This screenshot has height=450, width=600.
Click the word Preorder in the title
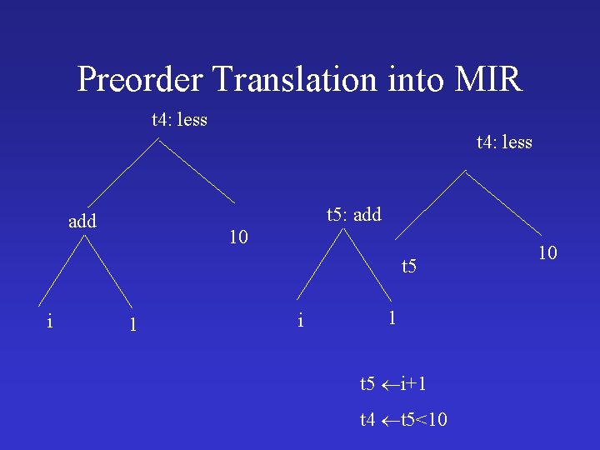(x=140, y=80)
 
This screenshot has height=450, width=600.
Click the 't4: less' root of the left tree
(x=179, y=120)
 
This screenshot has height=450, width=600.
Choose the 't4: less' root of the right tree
(x=504, y=142)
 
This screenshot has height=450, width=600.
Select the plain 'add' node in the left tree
(x=82, y=222)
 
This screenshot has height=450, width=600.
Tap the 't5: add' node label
(x=353, y=215)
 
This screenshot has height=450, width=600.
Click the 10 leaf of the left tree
(x=238, y=237)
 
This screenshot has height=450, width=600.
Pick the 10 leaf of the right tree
(x=547, y=252)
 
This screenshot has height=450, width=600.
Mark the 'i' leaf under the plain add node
(x=51, y=321)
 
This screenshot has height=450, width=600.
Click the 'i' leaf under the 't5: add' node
(x=301, y=318)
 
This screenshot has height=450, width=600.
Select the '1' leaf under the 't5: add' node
(x=392, y=317)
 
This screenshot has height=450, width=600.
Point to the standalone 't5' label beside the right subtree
(x=408, y=267)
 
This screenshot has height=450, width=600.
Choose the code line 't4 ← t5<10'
(x=403, y=420)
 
